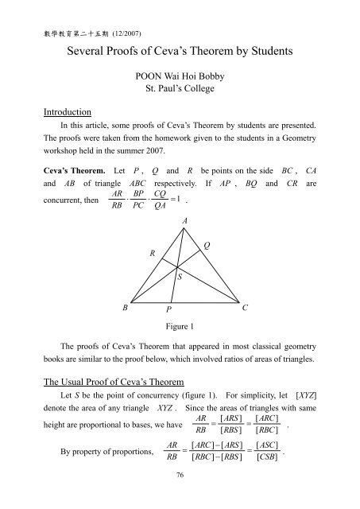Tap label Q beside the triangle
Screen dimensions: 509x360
[207, 247]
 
